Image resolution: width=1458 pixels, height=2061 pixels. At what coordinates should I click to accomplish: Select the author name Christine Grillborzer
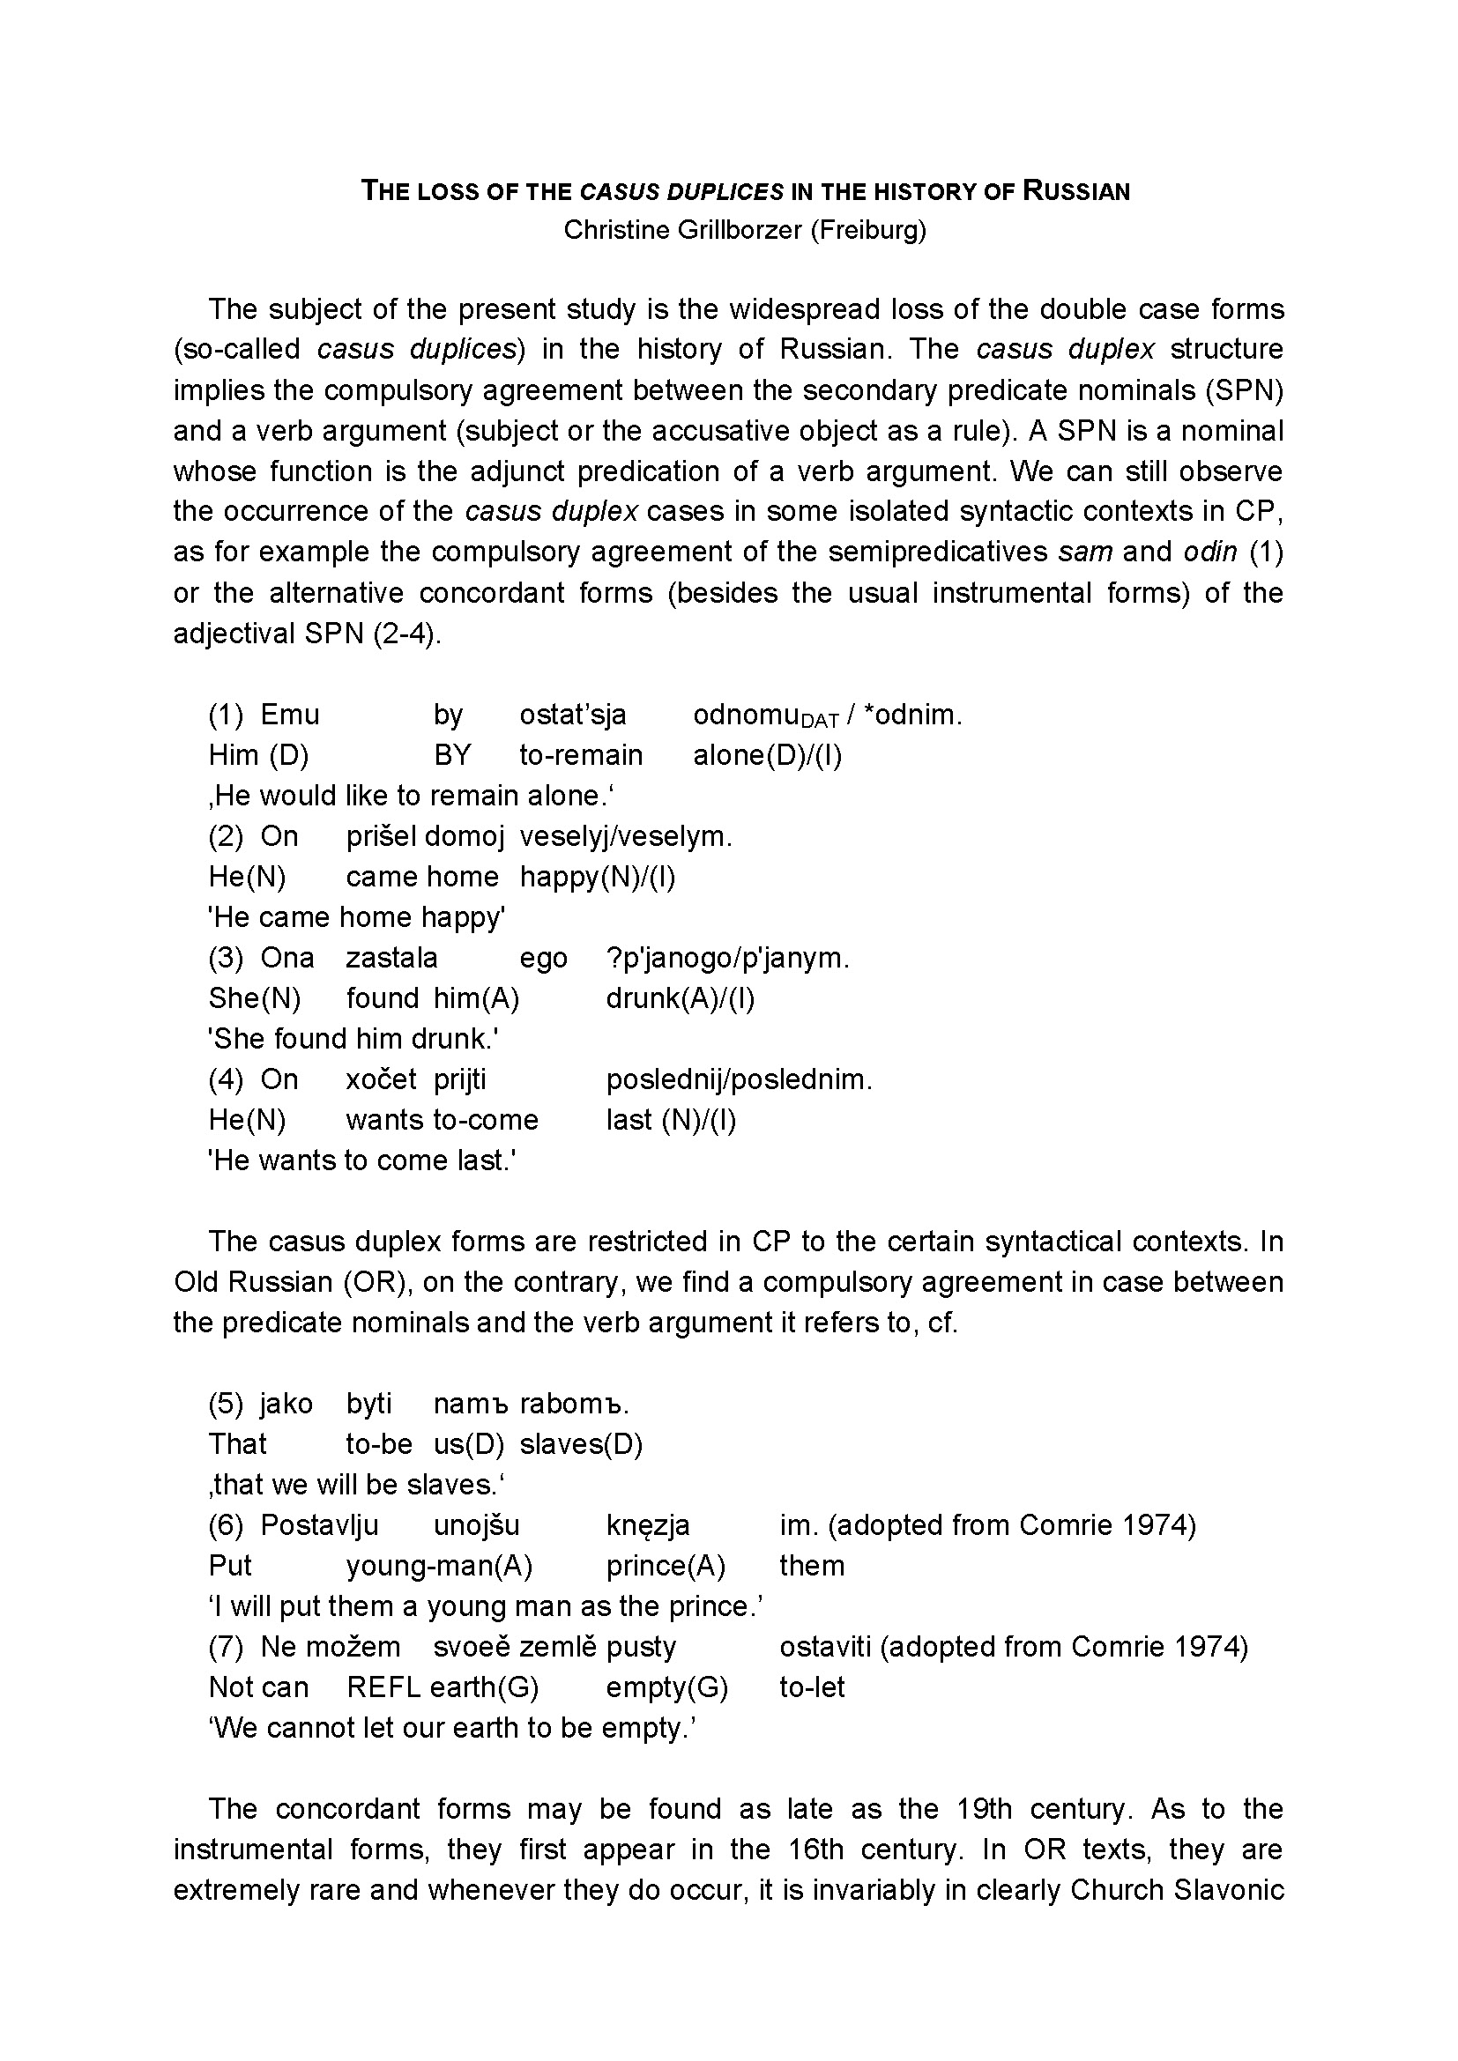click(x=682, y=231)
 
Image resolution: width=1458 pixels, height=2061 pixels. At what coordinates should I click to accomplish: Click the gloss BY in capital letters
click(x=451, y=755)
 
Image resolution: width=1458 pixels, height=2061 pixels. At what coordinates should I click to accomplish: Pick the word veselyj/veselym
click(x=626, y=835)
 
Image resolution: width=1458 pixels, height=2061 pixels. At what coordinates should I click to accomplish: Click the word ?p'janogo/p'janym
click(x=727, y=958)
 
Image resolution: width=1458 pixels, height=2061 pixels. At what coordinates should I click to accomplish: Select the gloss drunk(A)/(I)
click(x=680, y=998)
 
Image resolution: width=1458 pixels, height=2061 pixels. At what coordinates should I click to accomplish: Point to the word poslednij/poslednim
click(x=739, y=1079)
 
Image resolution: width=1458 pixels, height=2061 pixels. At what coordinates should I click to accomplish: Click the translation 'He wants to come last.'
click(x=361, y=1160)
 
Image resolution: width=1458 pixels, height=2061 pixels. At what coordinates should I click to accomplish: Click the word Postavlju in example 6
click(x=319, y=1525)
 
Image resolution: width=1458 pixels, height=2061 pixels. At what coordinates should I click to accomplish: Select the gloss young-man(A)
click(x=439, y=1566)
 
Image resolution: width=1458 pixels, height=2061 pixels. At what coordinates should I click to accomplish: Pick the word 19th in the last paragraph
click(x=984, y=1809)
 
